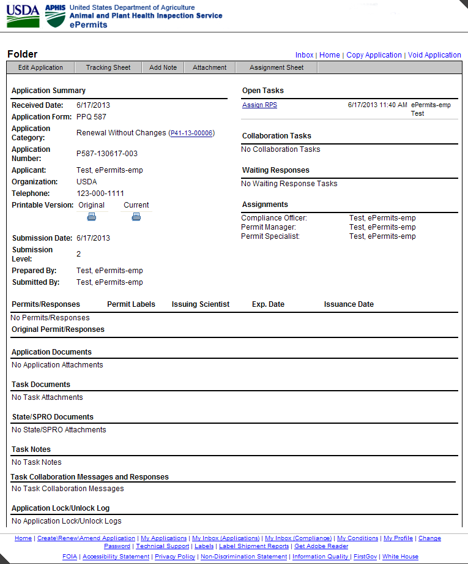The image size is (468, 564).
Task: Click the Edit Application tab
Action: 40,67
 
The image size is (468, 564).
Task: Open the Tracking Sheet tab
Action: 108,67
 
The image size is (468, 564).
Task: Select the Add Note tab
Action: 163,67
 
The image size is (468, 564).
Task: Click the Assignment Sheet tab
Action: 277,67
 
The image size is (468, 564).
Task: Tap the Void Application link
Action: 434,55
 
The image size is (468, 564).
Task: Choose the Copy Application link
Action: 374,55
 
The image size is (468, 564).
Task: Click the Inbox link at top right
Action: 304,55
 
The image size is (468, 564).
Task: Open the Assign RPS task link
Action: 259,105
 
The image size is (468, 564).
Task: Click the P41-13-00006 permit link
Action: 191,133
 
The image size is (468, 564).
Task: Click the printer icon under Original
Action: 92,216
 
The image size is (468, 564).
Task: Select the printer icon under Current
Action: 136,216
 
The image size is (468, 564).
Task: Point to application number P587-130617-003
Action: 107,154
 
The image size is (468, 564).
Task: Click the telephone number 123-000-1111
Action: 100,194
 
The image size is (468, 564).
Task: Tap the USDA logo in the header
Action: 23,15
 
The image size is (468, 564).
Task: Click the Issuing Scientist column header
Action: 201,304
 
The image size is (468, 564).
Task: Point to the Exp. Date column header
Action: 268,304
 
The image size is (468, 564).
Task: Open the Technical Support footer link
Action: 162,546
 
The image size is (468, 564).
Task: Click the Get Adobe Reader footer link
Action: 321,546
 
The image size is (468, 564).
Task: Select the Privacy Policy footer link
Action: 175,557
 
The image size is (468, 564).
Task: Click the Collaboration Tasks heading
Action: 277,136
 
